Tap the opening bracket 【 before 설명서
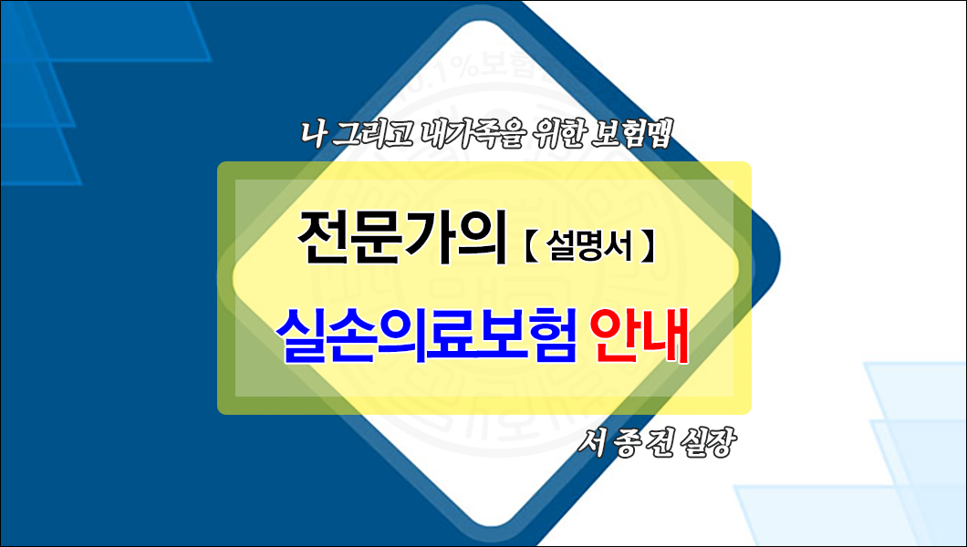click(x=530, y=246)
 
